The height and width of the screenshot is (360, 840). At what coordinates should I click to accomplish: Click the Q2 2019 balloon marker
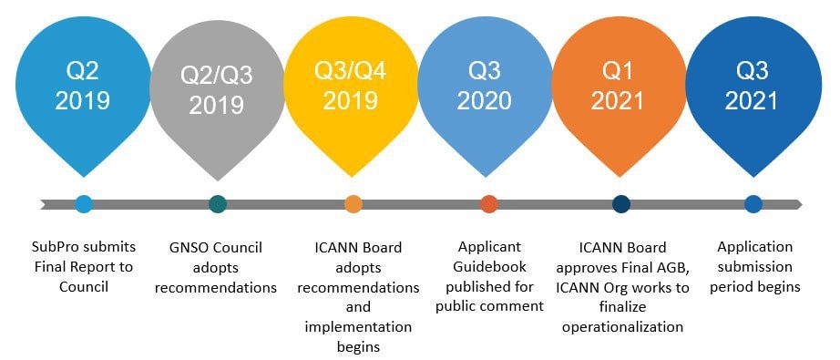click(83, 87)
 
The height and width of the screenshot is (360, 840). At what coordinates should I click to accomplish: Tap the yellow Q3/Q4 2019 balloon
click(352, 87)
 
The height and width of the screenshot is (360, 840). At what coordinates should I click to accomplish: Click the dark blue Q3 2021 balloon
click(753, 87)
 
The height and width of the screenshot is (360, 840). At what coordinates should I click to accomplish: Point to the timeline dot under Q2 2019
click(84, 204)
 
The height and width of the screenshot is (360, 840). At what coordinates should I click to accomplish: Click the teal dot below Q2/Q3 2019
click(217, 204)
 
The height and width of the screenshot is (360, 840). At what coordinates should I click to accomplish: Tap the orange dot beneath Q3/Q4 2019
click(353, 204)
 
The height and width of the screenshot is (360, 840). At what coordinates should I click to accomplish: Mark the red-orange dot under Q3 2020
click(489, 204)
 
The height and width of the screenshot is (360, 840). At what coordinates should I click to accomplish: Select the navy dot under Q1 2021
click(621, 204)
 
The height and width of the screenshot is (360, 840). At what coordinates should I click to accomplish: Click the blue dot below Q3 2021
click(753, 204)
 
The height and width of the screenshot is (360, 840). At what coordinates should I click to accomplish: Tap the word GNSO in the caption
click(191, 248)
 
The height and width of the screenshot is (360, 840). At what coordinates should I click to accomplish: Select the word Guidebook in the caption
click(488, 267)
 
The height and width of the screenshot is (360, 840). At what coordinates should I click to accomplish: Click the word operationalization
click(622, 327)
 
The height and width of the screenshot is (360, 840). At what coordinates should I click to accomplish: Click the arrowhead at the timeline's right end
click(798, 204)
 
